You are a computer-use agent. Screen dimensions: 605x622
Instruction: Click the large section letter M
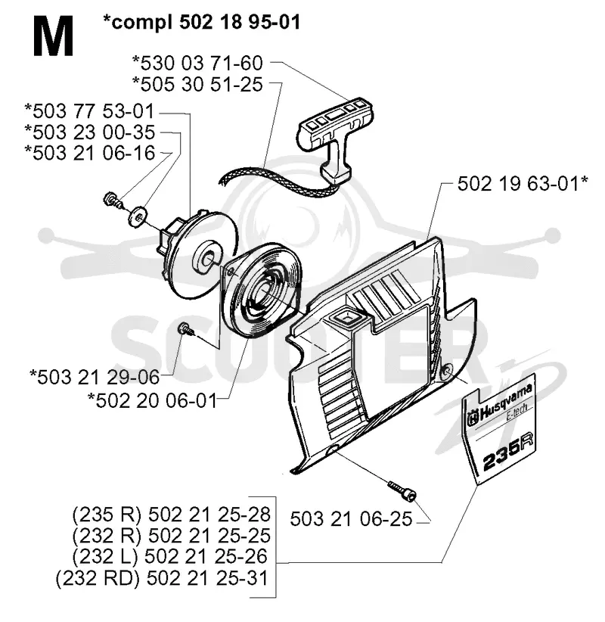pyautogui.click(x=53, y=36)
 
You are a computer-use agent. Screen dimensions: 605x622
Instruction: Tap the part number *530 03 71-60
pyautogui.click(x=197, y=63)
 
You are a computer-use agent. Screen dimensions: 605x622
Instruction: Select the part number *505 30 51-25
pyautogui.click(x=197, y=85)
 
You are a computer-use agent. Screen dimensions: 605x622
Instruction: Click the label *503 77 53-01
pyautogui.click(x=89, y=111)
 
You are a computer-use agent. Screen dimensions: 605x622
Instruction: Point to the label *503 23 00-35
pyautogui.click(x=89, y=132)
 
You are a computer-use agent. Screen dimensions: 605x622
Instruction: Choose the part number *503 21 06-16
pyautogui.click(x=89, y=153)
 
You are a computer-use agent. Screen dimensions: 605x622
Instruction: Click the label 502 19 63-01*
pyautogui.click(x=523, y=184)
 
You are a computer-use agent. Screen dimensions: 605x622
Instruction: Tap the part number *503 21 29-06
pyautogui.click(x=95, y=377)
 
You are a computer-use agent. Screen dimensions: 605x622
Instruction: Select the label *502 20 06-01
pyautogui.click(x=152, y=400)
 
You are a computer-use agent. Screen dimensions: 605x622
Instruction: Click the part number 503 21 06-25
pyautogui.click(x=351, y=519)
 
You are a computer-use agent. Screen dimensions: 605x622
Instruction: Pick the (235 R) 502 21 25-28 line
pyautogui.click(x=171, y=515)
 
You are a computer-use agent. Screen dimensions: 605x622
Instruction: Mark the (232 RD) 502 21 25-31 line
pyautogui.click(x=162, y=578)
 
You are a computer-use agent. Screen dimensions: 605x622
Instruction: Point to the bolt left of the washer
pyautogui.click(x=112, y=199)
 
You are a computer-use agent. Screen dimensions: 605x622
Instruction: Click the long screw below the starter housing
pyautogui.click(x=402, y=490)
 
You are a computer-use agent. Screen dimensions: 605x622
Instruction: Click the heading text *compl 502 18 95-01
pyautogui.click(x=201, y=22)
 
